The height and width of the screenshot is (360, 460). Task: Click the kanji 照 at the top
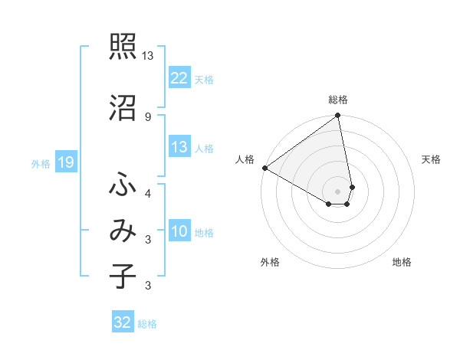[123, 47]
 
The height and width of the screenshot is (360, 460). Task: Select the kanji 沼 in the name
[123, 108]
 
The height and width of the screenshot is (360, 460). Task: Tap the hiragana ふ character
[123, 185]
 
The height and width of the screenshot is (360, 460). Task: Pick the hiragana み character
[123, 232]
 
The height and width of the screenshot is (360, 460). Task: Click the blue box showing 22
[179, 78]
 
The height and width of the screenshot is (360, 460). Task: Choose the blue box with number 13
[179, 148]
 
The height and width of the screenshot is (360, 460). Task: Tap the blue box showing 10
[179, 232]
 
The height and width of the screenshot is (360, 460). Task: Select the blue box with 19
[65, 162]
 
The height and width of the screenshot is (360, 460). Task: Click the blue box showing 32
[123, 323]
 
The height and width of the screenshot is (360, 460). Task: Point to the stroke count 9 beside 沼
[147, 116]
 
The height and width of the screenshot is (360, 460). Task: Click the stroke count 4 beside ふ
[147, 194]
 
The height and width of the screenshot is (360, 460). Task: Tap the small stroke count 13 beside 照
[147, 56]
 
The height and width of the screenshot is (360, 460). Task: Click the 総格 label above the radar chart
[338, 100]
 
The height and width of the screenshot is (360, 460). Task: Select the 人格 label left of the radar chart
[245, 159]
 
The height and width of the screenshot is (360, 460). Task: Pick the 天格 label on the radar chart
[432, 159]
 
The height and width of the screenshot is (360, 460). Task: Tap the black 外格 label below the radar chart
[270, 263]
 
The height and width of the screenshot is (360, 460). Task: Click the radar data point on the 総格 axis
[338, 116]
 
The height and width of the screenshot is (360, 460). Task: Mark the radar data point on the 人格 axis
[264, 168]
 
